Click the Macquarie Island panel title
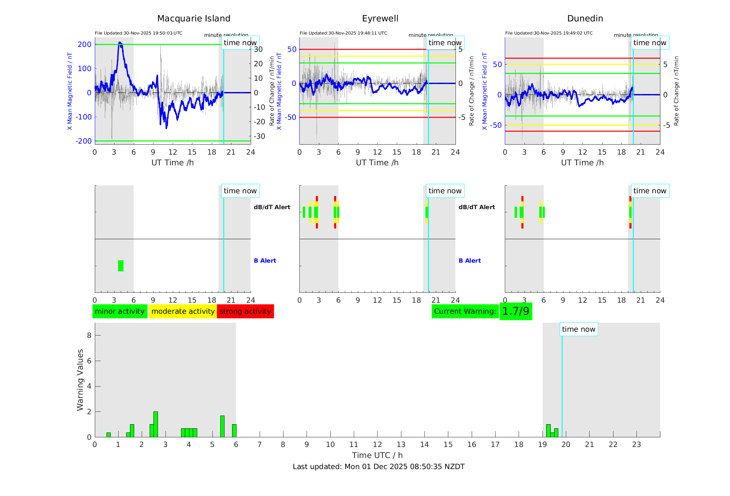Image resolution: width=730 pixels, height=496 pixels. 193,19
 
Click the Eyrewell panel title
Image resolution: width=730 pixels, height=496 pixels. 380,19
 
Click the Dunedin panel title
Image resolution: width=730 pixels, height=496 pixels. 585,19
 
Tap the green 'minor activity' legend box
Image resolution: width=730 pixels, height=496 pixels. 120,311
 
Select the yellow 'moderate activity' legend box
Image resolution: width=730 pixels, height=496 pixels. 183,311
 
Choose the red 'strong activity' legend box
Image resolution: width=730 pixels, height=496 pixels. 245,311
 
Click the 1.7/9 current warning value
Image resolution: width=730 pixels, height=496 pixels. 516,311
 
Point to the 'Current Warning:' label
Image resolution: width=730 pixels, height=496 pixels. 465,311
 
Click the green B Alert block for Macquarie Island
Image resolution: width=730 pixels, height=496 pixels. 121,266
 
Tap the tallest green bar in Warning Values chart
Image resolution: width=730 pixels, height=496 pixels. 156,424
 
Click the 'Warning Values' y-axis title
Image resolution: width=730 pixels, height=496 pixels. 80,380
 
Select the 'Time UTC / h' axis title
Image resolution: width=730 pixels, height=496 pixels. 377,455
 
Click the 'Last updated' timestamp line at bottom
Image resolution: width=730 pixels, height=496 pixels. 379,467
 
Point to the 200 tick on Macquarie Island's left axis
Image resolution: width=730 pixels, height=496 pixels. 84,45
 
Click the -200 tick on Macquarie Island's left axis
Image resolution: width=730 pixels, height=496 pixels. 83,141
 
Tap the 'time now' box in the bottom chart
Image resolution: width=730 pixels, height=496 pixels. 579,329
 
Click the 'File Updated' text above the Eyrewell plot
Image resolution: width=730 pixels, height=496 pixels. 343,33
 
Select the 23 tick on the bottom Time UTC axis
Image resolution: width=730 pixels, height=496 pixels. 636,445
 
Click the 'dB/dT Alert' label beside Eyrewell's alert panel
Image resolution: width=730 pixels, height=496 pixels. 477,207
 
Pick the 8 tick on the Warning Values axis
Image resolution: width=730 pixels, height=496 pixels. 89,335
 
